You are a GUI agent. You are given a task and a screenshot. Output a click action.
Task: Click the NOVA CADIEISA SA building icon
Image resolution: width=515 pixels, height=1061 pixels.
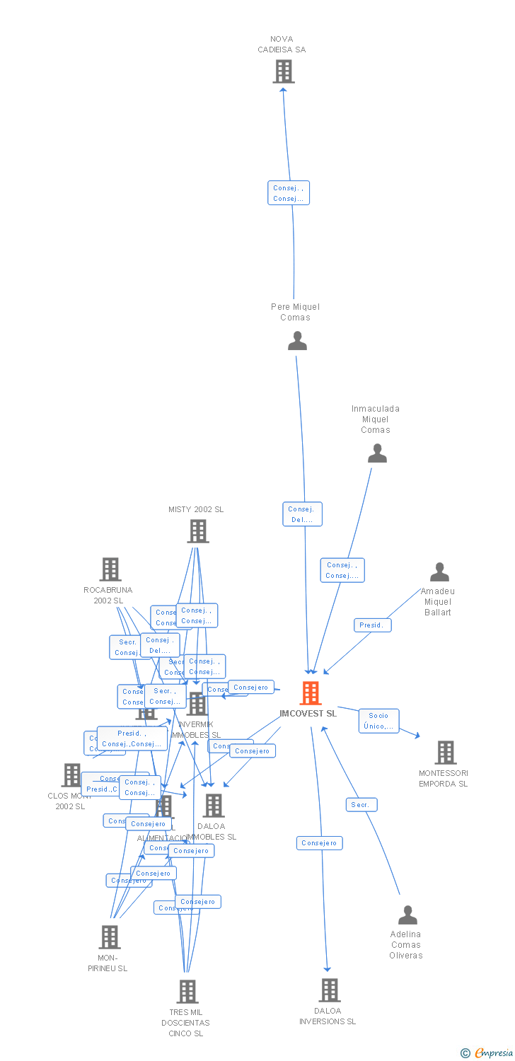(284, 71)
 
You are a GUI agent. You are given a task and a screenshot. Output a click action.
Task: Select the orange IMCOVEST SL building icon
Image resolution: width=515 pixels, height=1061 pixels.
(311, 693)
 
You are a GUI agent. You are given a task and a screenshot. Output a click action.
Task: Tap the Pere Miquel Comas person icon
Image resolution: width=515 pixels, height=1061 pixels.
(297, 341)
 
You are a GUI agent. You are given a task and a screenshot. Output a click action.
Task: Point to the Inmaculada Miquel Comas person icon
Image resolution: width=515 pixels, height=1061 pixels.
(377, 453)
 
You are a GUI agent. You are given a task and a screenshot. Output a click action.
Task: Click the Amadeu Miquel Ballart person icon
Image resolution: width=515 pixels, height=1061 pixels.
(439, 572)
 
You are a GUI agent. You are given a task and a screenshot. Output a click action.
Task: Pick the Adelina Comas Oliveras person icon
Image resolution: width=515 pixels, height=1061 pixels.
(407, 915)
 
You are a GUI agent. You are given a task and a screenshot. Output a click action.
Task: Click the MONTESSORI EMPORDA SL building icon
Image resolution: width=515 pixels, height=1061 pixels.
(445, 753)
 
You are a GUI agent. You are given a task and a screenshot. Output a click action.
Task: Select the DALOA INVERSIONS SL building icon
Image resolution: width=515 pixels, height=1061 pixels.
(330, 990)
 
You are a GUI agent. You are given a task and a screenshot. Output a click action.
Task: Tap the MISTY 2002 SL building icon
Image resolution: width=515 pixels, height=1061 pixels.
(197, 531)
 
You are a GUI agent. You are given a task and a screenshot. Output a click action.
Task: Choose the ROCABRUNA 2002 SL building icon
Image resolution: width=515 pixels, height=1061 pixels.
(110, 569)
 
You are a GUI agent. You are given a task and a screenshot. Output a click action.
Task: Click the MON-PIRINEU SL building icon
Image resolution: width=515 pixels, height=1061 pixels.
(109, 937)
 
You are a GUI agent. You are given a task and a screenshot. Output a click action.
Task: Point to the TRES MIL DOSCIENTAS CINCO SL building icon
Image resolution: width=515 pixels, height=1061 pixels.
(187, 992)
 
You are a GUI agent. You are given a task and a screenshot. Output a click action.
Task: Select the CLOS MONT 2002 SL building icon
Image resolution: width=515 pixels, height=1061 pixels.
(71, 775)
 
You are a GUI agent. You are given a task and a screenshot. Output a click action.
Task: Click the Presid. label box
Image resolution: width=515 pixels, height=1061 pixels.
(372, 625)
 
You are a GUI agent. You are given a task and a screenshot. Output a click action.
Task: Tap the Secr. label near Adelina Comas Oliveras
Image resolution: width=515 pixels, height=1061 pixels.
(361, 805)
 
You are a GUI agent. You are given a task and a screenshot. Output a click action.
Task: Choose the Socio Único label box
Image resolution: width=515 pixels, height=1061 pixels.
(378, 721)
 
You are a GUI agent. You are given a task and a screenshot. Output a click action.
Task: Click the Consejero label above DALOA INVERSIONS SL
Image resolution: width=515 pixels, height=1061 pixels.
(319, 843)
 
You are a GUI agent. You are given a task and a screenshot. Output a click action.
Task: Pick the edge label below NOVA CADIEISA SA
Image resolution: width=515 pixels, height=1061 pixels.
(289, 193)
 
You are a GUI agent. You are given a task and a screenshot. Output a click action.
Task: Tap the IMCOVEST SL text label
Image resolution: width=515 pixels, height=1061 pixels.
(308, 714)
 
